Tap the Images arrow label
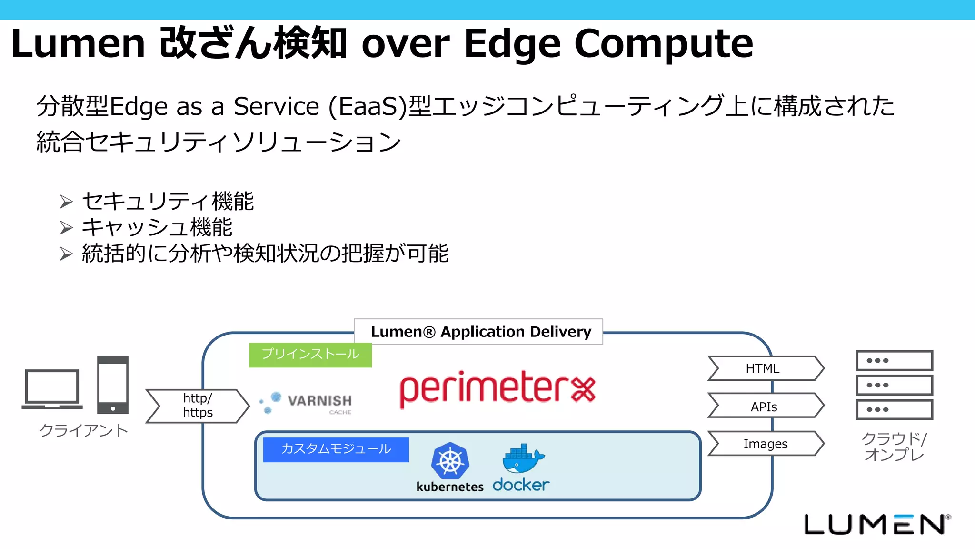pyautogui.click(x=765, y=444)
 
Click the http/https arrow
pyautogui.click(x=197, y=406)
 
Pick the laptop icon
pyautogui.click(x=52, y=389)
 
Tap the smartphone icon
pyautogui.click(x=113, y=385)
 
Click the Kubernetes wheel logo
pyautogui.click(x=450, y=461)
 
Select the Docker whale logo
pyautogui.click(x=522, y=458)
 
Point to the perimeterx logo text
pyautogui.click(x=497, y=389)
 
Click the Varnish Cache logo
pyautogui.click(x=307, y=403)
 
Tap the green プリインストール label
pyautogui.click(x=310, y=354)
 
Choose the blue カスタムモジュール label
pyautogui.click(x=336, y=449)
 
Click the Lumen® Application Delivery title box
pyautogui.click(x=479, y=332)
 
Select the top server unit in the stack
pyautogui.click(x=894, y=361)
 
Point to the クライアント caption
pyautogui.click(x=84, y=430)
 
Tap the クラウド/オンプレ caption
pyautogui.click(x=894, y=447)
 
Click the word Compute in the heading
pyautogui.click(x=664, y=43)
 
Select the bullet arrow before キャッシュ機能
pyautogui.click(x=66, y=228)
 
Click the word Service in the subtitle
pyautogui.click(x=276, y=106)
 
